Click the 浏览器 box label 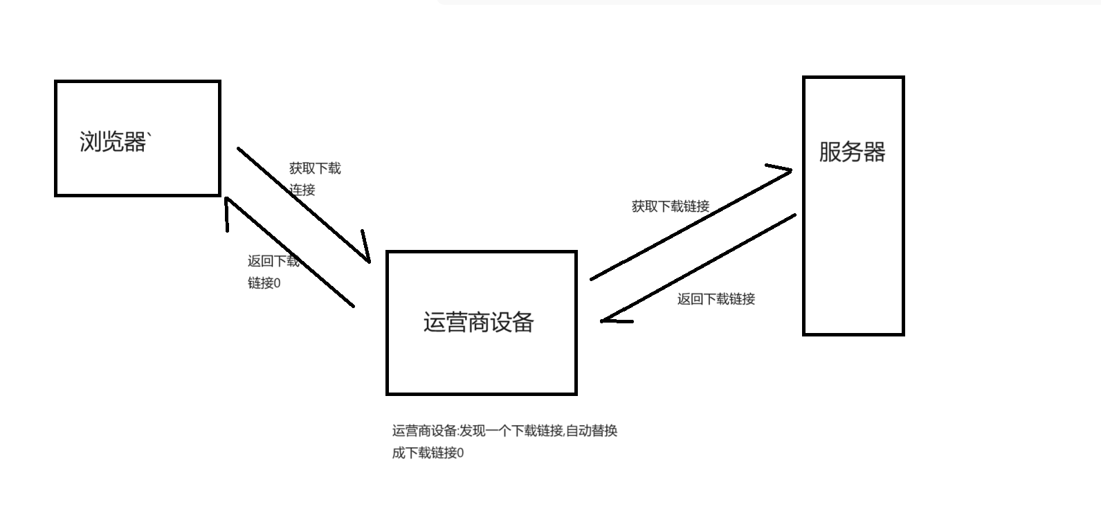click(113, 142)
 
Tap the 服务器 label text click(852, 152)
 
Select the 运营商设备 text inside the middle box click(479, 323)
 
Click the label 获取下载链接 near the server click(670, 206)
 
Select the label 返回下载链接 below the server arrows click(716, 299)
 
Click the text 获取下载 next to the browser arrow click(315, 168)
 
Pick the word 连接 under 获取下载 click(302, 190)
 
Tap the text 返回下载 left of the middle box click(273, 261)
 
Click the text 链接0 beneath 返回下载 click(264, 283)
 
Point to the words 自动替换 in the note click(592, 431)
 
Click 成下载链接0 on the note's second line click(428, 453)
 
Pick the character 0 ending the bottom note click(461, 453)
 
